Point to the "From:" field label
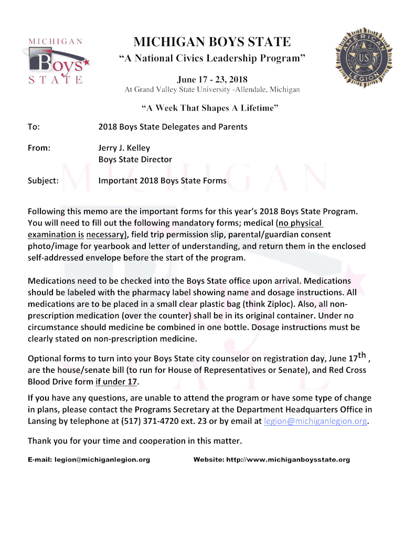pyautogui.click(x=39, y=148)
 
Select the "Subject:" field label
pyautogui.click(x=43, y=181)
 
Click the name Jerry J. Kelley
pyautogui.click(x=124, y=148)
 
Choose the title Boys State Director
pyautogui.click(x=135, y=159)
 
